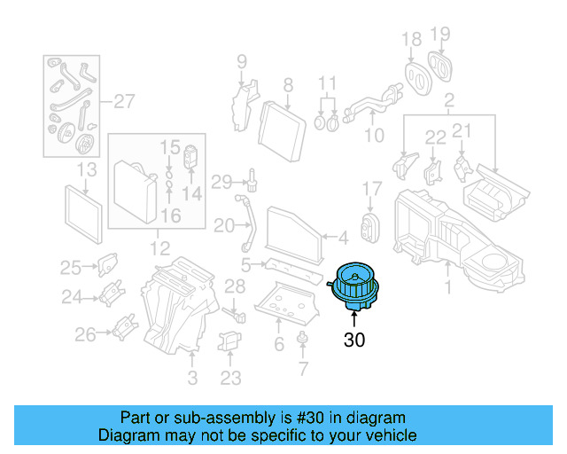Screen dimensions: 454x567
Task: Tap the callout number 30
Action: [354, 339]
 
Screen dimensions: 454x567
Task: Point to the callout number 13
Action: [86, 169]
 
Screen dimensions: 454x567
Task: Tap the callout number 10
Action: [374, 135]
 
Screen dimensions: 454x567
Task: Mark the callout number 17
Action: [371, 189]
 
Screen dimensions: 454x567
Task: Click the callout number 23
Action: [230, 378]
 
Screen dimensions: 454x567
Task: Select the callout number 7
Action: [303, 368]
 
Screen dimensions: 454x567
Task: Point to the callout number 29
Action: [221, 182]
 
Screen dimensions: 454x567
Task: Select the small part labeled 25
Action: [106, 263]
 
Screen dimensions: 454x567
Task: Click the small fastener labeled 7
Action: [303, 337]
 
